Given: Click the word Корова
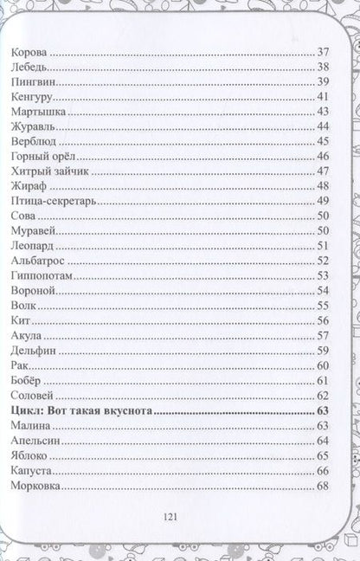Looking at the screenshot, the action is click(32, 52).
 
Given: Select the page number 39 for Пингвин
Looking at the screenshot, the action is click(323, 81).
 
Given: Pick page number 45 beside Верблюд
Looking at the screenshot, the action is click(323, 141).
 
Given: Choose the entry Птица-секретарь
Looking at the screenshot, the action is click(53, 200).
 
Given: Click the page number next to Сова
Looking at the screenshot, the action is click(323, 216).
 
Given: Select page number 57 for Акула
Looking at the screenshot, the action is click(323, 335).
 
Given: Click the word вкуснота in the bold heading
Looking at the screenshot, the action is click(123, 409).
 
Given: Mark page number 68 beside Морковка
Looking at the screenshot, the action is click(323, 485).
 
